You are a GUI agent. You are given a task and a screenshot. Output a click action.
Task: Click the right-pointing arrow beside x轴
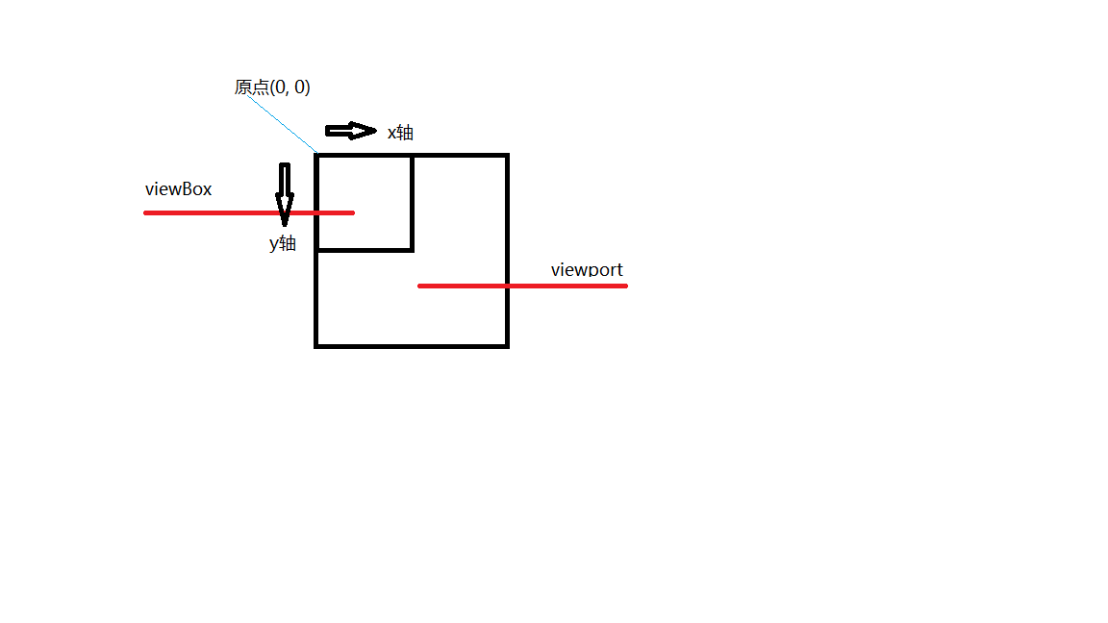351,131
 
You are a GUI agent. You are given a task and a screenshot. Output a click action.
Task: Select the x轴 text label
400,133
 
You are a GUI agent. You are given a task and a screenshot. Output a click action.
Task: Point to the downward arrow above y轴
285,193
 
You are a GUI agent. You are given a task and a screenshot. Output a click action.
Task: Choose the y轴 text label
283,243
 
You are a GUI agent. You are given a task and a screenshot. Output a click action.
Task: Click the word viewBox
179,189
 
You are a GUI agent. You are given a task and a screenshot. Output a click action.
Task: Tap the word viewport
587,269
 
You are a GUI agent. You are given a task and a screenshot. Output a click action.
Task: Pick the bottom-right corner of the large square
507,345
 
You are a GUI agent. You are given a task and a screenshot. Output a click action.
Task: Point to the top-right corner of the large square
507,155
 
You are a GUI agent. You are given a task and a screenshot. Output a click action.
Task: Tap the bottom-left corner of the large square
316,345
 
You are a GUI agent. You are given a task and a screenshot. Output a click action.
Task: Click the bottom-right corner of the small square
413,250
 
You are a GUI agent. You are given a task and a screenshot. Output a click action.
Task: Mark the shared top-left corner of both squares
316,155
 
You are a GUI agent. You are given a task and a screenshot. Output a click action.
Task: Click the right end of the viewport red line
625,286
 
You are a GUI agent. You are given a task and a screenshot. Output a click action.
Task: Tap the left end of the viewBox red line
146,212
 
